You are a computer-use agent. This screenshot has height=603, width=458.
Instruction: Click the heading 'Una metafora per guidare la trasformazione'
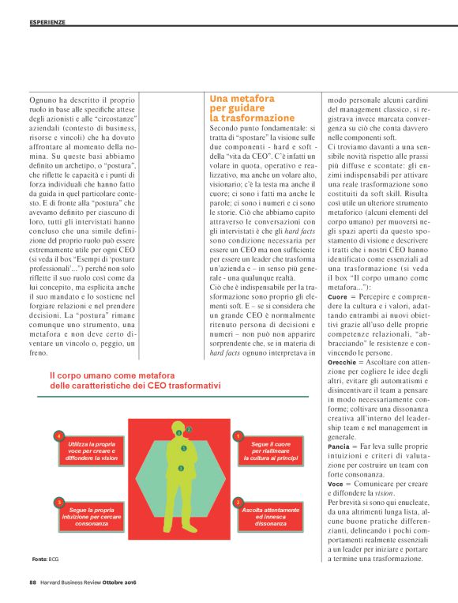tap(252, 107)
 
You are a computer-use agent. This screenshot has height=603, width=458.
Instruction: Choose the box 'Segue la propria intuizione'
tap(91, 517)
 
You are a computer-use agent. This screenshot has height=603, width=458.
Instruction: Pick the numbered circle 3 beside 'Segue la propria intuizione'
tap(59, 502)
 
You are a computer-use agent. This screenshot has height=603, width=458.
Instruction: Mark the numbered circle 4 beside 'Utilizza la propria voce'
tap(59, 435)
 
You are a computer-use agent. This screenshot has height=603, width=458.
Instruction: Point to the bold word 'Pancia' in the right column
tap(339, 447)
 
